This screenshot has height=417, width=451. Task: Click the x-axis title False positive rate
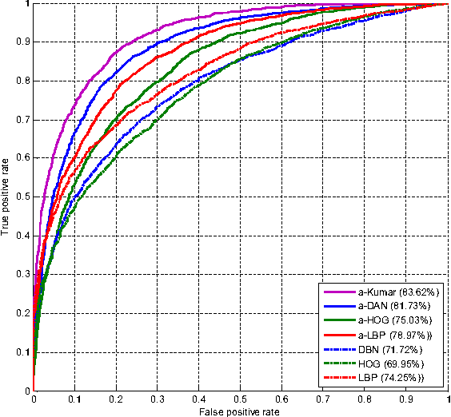241,410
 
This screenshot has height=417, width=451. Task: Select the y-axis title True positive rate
7,196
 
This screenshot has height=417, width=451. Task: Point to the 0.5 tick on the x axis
241,398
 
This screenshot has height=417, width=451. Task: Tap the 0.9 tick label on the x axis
407,398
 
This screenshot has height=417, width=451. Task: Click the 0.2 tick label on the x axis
116,398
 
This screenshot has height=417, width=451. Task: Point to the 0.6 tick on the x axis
282,398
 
